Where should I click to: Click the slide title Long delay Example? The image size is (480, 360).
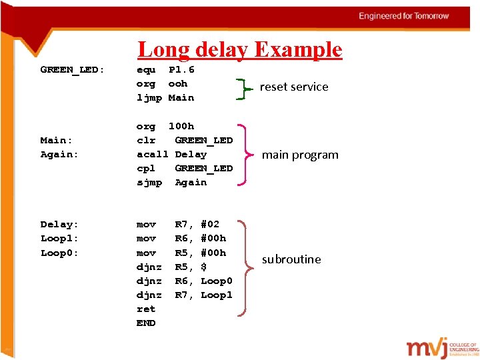(239, 49)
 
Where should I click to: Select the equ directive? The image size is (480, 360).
(146, 69)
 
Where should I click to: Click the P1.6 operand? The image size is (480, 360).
(181, 69)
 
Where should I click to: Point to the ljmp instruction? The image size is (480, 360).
(149, 97)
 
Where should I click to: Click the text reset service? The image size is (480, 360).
(294, 87)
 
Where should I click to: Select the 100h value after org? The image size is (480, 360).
(181, 126)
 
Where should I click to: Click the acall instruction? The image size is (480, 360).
(152, 154)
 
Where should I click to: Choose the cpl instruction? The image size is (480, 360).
(146, 168)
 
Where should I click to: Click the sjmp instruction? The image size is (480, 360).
(149, 182)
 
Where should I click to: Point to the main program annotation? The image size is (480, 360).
(300, 155)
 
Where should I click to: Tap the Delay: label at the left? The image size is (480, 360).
(59, 225)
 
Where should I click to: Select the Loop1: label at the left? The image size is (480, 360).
(59, 239)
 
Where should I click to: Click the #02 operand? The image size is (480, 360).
(210, 225)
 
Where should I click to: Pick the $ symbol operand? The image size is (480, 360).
(203, 267)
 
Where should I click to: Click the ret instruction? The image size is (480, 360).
(146, 309)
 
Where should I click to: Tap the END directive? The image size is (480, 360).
(146, 323)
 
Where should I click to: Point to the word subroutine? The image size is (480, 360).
(291, 259)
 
